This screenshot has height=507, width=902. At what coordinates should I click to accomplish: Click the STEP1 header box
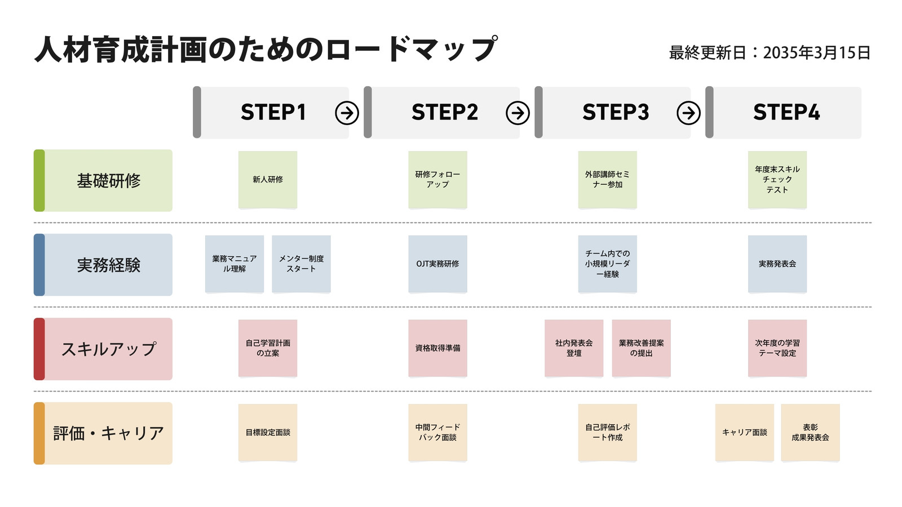click(271, 112)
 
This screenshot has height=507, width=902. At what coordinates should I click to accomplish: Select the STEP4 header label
click(786, 112)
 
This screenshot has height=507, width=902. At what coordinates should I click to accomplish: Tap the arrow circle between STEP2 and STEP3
click(518, 113)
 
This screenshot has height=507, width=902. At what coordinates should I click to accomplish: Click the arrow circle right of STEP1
click(347, 113)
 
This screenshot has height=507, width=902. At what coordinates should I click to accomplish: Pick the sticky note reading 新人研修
click(268, 180)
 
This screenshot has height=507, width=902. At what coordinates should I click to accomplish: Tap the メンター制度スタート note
click(301, 264)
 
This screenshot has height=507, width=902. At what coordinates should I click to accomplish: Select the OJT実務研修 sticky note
click(437, 264)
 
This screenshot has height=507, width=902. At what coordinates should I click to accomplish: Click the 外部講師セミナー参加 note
click(608, 180)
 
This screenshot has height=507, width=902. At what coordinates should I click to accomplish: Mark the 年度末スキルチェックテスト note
click(777, 180)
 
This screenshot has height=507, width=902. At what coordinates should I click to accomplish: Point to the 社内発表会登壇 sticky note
click(574, 348)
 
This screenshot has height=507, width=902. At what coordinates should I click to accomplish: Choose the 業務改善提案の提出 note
click(642, 348)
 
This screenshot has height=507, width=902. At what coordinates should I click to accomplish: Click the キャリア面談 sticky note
click(745, 432)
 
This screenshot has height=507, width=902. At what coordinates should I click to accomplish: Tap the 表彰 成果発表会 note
click(811, 432)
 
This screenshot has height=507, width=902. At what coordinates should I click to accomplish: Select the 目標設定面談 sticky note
click(268, 432)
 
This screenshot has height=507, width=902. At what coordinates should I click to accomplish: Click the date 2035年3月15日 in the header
click(817, 53)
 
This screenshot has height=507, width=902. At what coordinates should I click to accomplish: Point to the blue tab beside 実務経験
click(39, 265)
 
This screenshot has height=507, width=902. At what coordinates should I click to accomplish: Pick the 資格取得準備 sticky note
click(437, 348)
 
